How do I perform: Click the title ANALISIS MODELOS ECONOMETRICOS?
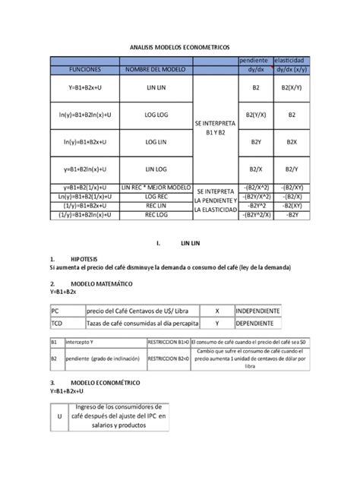point(180,46)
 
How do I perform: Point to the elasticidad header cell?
point(292,60)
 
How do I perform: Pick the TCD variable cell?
point(56,324)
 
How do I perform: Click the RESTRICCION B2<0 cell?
point(166,359)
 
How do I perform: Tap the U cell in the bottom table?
point(58,417)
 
